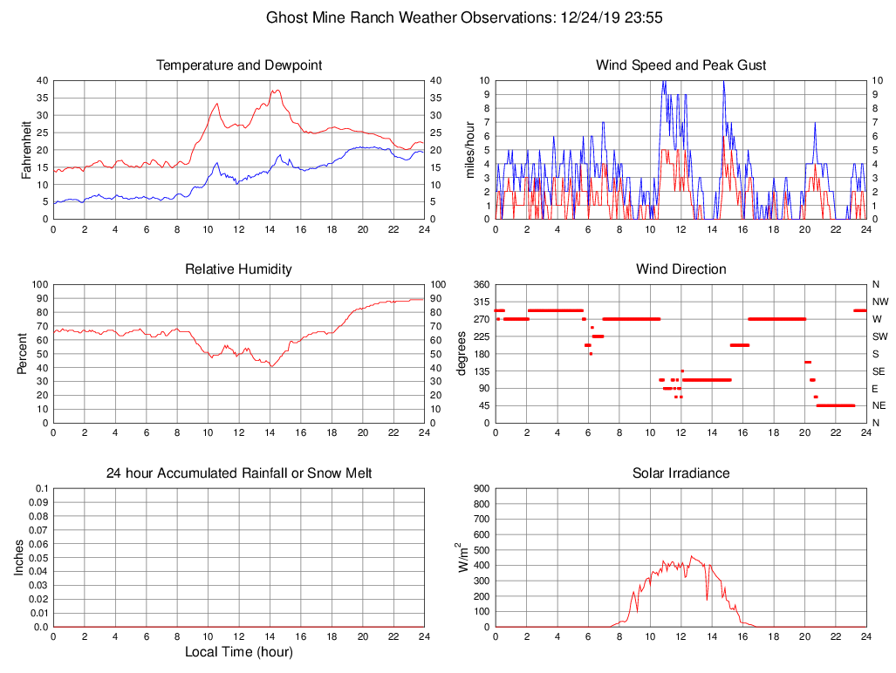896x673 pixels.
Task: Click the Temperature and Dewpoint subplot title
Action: point(238,65)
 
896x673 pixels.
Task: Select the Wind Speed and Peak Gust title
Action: point(681,65)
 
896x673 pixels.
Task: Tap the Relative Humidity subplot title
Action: point(238,269)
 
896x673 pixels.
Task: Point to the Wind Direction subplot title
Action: point(681,269)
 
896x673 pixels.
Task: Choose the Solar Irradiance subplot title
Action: point(681,473)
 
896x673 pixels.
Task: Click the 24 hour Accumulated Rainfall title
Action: point(238,473)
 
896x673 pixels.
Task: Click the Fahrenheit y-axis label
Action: point(26,149)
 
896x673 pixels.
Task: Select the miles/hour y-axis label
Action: point(469,149)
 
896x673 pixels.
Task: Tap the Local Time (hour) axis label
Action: point(238,652)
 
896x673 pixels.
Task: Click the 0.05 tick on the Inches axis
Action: point(38,558)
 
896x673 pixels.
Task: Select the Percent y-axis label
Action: point(23,353)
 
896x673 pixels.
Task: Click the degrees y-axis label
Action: point(462,353)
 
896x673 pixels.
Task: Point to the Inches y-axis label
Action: point(19,557)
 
